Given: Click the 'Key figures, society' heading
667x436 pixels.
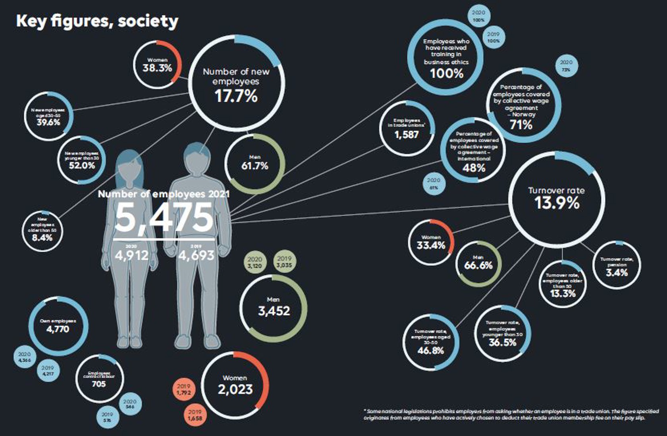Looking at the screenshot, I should (x=97, y=21).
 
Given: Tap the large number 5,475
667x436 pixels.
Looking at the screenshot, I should (x=164, y=217).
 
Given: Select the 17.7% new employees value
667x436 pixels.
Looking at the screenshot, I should (x=236, y=96).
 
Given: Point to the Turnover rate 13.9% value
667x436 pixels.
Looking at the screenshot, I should (x=557, y=203).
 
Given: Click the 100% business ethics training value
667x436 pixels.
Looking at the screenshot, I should (x=447, y=73).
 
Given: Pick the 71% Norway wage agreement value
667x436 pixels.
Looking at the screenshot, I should (x=521, y=125).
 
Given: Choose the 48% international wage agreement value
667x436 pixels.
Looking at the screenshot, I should (x=474, y=168).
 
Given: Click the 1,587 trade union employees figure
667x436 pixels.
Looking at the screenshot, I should (x=407, y=135).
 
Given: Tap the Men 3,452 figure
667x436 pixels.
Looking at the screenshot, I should (x=274, y=311).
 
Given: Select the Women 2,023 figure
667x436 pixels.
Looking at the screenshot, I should (x=235, y=389).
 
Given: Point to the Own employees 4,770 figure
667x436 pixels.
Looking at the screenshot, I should (x=58, y=329).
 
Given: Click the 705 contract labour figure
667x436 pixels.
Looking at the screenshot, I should (x=99, y=384).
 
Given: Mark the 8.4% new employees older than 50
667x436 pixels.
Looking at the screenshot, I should (x=42, y=238).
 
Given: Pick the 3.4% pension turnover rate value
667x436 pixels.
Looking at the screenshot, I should (x=617, y=273).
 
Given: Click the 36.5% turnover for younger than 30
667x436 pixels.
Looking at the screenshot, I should (x=502, y=343).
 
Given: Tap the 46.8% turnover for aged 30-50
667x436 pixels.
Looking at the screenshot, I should (x=431, y=351).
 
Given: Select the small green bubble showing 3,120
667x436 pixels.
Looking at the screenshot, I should (x=254, y=262).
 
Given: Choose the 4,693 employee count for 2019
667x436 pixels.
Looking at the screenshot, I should (x=196, y=255).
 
